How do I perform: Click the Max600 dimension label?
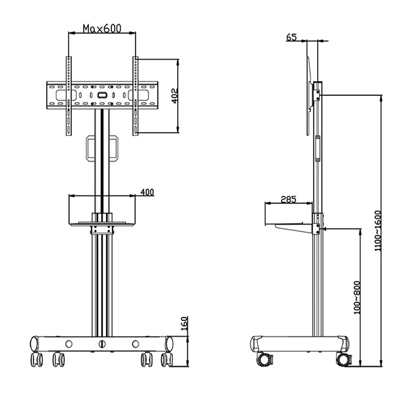tap(101, 28)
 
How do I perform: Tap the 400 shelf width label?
tap(147, 192)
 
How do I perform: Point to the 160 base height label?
tap(185, 323)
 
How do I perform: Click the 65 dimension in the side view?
tap(291, 37)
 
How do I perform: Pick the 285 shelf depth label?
tap(288, 199)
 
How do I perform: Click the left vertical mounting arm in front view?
tap(69, 96)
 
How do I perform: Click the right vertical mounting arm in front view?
tap(135, 96)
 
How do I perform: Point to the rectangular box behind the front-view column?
tap(102, 149)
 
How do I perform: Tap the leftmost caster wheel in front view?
tap(38, 359)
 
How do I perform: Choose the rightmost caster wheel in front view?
tap(166, 359)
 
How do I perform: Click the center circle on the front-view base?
tap(102, 343)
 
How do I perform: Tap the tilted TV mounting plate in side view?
tap(310, 95)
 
